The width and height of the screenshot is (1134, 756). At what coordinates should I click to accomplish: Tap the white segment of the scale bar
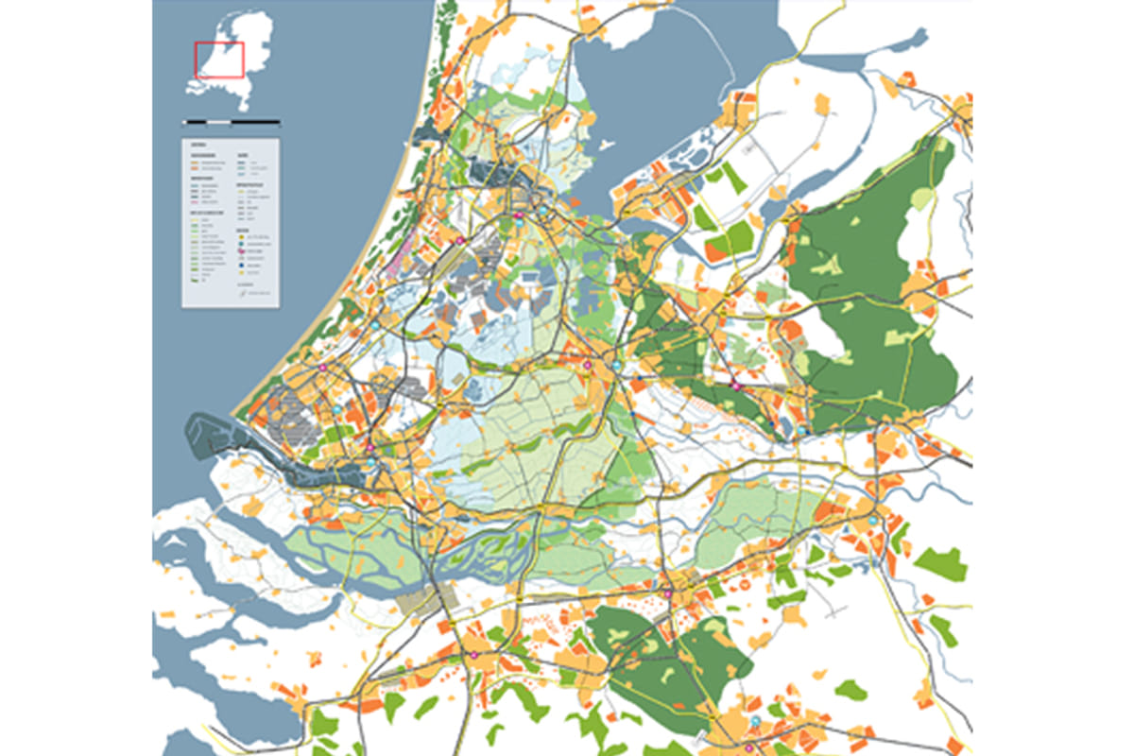point(219,122)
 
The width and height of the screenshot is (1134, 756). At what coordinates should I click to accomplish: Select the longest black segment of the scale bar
point(256,122)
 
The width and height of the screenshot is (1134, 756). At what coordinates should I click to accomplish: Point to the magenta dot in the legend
point(240,250)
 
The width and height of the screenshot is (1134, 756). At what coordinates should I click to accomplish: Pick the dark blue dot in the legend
point(240,266)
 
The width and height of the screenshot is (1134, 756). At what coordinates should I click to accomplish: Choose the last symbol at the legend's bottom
point(243,293)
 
